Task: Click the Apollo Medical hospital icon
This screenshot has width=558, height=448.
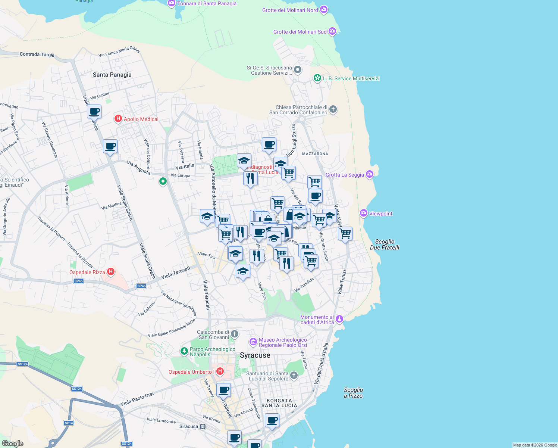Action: pyautogui.click(x=118, y=119)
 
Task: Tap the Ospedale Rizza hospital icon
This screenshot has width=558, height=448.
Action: pyautogui.click(x=110, y=272)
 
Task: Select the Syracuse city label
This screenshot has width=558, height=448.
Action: pyautogui.click(x=255, y=355)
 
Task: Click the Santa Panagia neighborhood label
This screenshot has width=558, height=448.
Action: pyautogui.click(x=112, y=75)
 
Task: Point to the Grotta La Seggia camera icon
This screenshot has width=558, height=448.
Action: pyautogui.click(x=369, y=174)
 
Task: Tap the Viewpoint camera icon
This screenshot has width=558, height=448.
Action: pyautogui.click(x=363, y=213)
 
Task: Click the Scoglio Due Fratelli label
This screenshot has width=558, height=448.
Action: pyautogui.click(x=385, y=245)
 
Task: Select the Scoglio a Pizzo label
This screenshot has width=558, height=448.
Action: pyautogui.click(x=353, y=393)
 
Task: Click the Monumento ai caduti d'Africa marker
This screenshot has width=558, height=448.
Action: pyautogui.click(x=339, y=319)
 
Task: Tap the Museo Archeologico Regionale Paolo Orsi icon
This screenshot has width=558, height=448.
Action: pyautogui.click(x=253, y=342)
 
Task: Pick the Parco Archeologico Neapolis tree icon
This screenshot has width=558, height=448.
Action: pyautogui.click(x=184, y=351)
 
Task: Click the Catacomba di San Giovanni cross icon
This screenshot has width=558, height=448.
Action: pyautogui.click(x=234, y=333)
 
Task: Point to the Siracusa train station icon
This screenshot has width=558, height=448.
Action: pyautogui.click(x=203, y=426)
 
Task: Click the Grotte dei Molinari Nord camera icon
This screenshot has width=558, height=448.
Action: pyautogui.click(x=324, y=10)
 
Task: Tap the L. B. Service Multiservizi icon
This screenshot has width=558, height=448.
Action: pyautogui.click(x=317, y=78)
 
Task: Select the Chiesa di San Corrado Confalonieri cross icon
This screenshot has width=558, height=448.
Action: pyautogui.click(x=333, y=109)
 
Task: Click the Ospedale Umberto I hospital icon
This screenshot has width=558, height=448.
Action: pyautogui.click(x=220, y=371)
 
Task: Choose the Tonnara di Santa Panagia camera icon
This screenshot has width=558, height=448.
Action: pyautogui.click(x=172, y=3)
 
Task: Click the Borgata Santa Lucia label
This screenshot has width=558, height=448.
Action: pyautogui.click(x=279, y=403)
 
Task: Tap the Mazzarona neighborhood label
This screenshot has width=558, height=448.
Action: pyautogui.click(x=315, y=154)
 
